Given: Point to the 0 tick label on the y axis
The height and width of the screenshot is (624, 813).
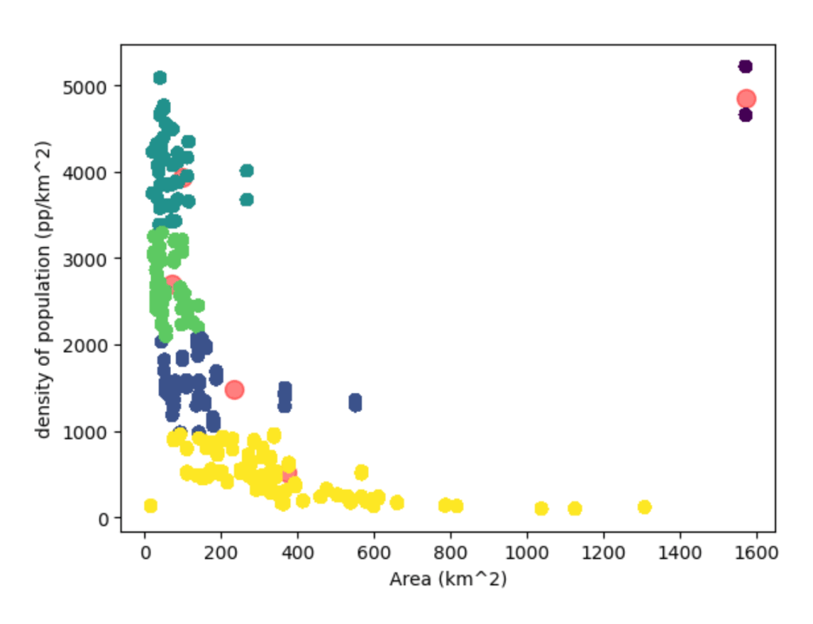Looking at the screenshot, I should click(x=105, y=518).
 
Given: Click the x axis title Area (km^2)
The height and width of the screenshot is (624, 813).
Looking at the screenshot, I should click(x=447, y=580).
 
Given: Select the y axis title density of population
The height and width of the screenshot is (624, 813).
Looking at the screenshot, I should click(x=45, y=289).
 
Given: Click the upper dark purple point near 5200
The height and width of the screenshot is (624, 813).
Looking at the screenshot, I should click(x=745, y=67).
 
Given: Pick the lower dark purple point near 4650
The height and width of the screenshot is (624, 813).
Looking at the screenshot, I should click(x=745, y=115).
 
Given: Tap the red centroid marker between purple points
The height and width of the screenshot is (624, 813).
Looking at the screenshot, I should click(x=745, y=98).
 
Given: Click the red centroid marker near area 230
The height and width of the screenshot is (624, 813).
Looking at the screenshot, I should click(x=234, y=390).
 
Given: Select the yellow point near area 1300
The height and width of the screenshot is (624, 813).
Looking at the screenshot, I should click(x=644, y=507).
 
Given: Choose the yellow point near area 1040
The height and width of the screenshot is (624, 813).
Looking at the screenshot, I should click(x=541, y=508).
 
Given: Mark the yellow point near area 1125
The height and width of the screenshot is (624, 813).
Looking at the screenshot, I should click(x=575, y=508).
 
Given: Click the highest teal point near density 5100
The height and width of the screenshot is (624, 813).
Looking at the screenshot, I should click(x=160, y=78).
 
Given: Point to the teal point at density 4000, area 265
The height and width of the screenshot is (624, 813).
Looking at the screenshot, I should click(x=246, y=171).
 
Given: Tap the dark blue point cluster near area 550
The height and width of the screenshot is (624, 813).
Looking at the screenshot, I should click(x=355, y=403).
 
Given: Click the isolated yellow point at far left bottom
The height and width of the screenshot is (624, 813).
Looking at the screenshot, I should click(x=150, y=506).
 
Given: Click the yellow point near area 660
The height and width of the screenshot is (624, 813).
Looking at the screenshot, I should click(x=397, y=503).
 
